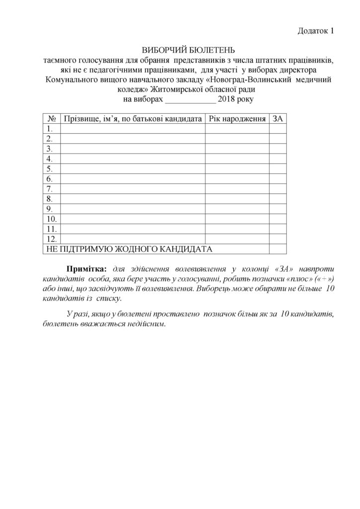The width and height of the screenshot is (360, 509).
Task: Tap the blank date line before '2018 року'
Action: coord(190,100)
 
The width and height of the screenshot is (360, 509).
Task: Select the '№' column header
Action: coord(51,119)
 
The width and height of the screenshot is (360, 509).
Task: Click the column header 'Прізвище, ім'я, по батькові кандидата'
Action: coord(133,119)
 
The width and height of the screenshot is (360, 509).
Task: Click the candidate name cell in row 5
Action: coord(133,169)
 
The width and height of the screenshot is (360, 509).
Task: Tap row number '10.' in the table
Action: coord(51,219)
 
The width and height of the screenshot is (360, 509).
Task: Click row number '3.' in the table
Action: coord(50,149)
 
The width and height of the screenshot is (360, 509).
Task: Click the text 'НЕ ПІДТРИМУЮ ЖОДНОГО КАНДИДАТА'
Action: coord(129,249)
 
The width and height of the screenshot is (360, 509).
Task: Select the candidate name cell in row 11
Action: coord(133,229)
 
